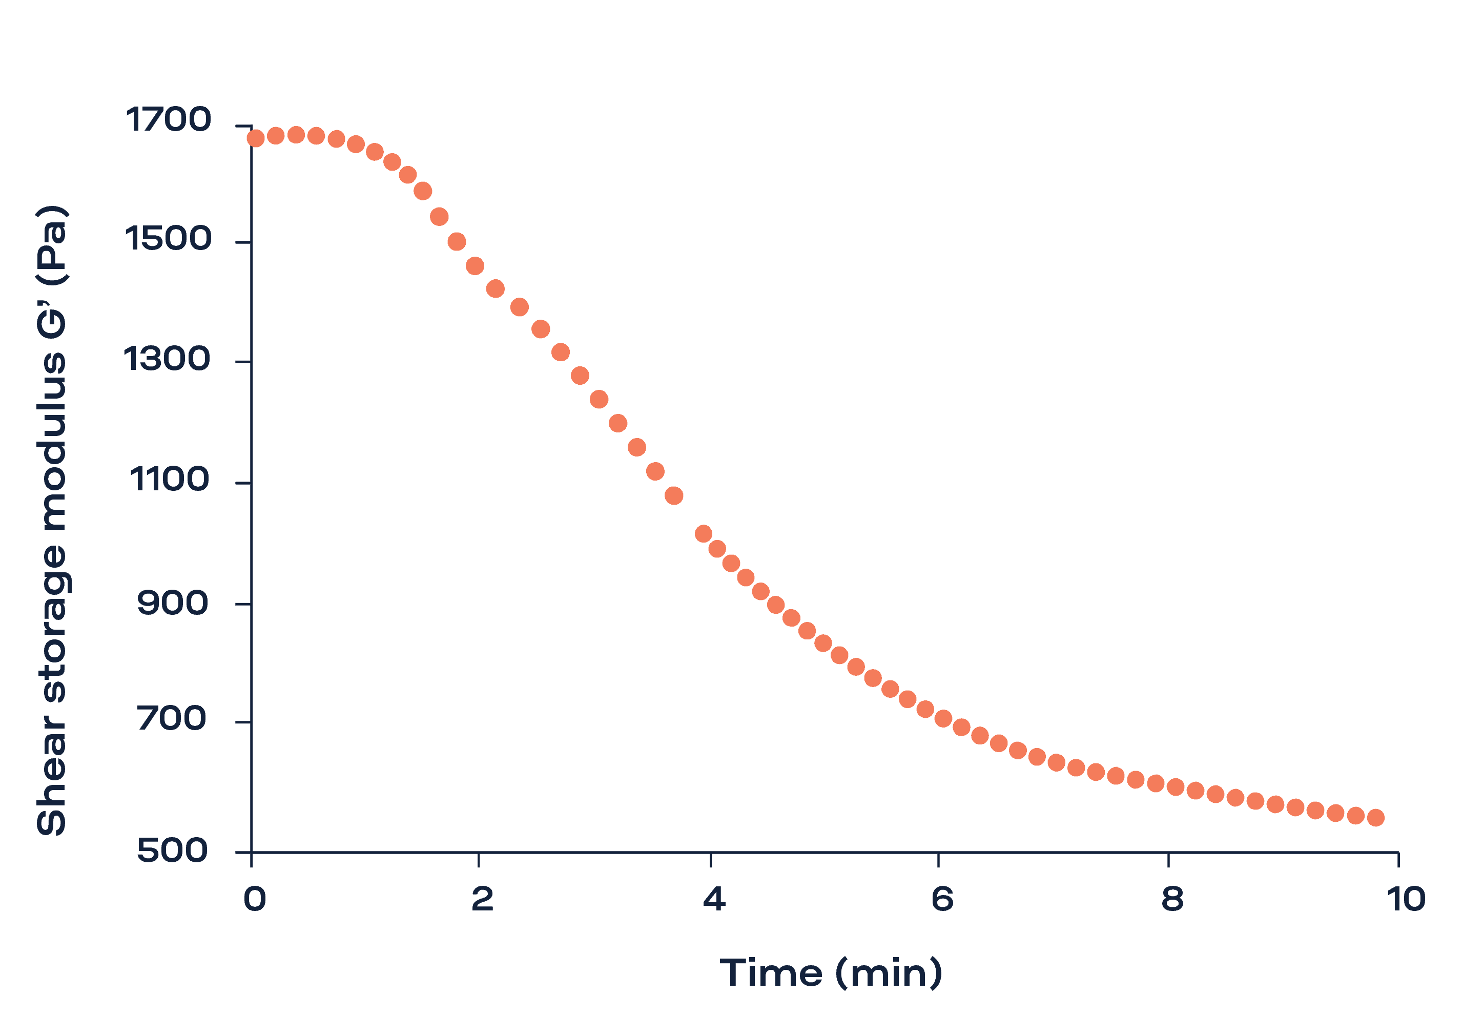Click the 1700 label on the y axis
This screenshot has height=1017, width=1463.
(x=168, y=120)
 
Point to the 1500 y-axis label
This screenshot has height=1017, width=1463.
(x=168, y=239)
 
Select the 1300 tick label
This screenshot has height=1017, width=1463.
(x=167, y=359)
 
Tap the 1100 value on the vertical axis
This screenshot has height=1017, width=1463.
(x=169, y=479)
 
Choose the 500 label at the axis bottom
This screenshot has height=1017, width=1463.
(x=173, y=850)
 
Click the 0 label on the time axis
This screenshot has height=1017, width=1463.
(x=254, y=899)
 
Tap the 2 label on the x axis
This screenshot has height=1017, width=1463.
(x=482, y=899)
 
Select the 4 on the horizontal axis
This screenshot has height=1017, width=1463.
(x=714, y=899)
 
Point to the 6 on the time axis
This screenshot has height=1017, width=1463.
(x=942, y=899)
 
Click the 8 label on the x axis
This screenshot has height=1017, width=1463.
(x=1172, y=899)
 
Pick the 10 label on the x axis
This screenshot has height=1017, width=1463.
(x=1406, y=899)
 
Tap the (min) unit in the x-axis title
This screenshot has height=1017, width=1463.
(x=888, y=973)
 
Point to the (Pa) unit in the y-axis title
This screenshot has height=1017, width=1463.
(x=52, y=245)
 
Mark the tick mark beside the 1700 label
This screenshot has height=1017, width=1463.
(x=243, y=126)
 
